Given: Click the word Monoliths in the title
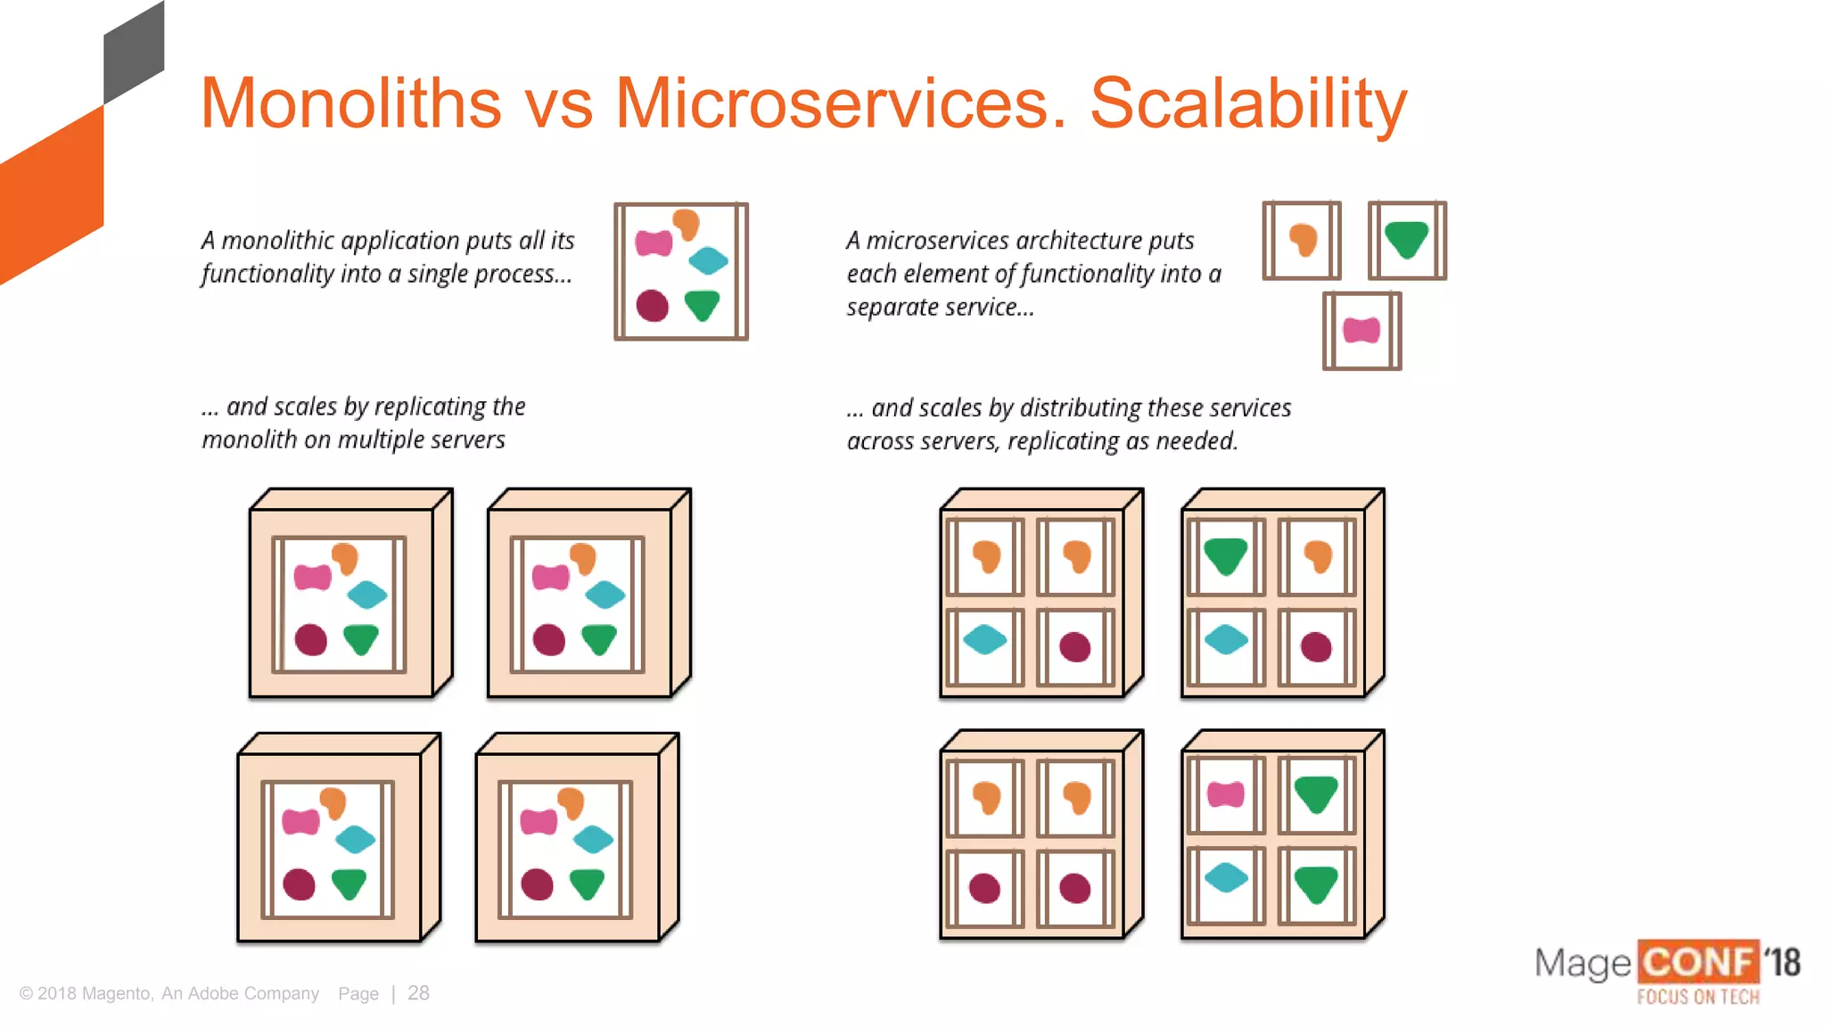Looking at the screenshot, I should click(x=351, y=103).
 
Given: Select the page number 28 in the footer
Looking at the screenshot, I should click(x=418, y=993).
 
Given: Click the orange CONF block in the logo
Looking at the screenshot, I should click(x=1698, y=963).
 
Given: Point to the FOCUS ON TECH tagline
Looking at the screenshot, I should click(x=1698, y=997).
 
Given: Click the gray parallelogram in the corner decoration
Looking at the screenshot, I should click(x=134, y=53).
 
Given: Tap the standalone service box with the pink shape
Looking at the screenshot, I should click(x=1361, y=331).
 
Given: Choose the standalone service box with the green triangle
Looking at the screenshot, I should click(x=1407, y=241).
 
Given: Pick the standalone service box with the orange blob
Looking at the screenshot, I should click(x=1302, y=241).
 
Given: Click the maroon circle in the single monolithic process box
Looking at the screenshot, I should click(x=653, y=306).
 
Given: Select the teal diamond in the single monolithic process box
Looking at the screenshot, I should click(x=709, y=261).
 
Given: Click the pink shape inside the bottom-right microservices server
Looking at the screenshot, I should click(x=1226, y=793).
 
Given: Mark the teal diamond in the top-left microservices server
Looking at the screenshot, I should click(x=984, y=639).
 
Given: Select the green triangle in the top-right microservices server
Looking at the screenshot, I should click(x=1225, y=556).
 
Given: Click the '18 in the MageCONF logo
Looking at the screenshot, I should click(x=1782, y=963).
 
